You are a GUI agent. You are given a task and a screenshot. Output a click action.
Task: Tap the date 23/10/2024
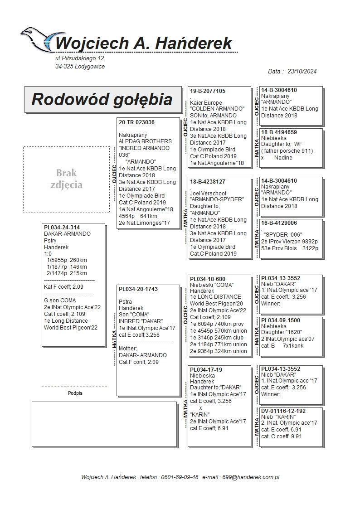(x=302, y=71)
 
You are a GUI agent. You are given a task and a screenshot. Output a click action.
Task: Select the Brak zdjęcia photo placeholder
(x=66, y=179)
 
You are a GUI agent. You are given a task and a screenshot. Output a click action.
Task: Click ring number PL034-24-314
(x=62, y=227)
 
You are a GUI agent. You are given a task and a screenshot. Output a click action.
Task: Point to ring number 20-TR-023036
(x=136, y=122)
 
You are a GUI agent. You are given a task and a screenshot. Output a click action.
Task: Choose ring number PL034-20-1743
(x=138, y=289)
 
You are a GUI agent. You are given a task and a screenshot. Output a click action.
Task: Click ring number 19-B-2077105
(x=208, y=91)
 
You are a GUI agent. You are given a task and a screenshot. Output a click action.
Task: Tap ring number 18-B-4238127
(x=208, y=181)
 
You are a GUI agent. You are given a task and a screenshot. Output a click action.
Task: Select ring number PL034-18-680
(x=207, y=279)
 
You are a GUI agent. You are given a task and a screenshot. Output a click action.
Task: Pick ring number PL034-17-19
(x=206, y=369)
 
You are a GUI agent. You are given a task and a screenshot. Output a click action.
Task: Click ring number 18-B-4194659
(x=279, y=132)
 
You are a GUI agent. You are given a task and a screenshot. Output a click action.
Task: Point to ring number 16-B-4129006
(x=279, y=223)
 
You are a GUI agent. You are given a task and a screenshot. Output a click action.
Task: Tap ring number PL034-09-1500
(x=281, y=320)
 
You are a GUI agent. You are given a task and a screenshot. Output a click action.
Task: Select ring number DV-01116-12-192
(x=283, y=411)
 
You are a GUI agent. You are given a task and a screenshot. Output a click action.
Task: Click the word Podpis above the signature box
(x=75, y=393)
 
